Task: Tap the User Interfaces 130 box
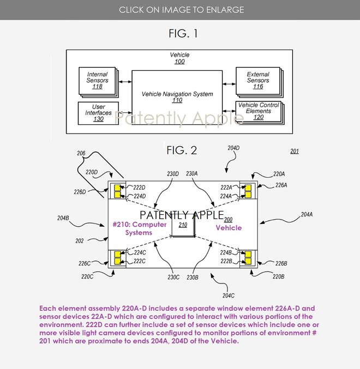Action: tap(98, 113)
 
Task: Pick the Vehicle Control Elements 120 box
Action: tap(260, 113)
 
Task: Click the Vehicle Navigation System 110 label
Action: tap(177, 97)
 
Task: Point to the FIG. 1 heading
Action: tap(183, 33)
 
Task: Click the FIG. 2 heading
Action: tap(182, 150)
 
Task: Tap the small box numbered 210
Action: tap(183, 225)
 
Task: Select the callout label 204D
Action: tap(233, 148)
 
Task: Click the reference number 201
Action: tap(295, 151)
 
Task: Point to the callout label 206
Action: tap(81, 153)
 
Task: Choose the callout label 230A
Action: tap(192, 174)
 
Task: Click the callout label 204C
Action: tap(229, 295)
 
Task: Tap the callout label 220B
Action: tap(279, 276)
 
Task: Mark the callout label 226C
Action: tap(85, 263)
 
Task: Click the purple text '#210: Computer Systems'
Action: tap(140, 228)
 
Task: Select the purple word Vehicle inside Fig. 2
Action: tap(229, 228)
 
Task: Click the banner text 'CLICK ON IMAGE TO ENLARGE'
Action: tap(181, 10)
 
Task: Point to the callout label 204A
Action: tap(307, 214)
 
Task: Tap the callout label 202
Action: tap(80, 241)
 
